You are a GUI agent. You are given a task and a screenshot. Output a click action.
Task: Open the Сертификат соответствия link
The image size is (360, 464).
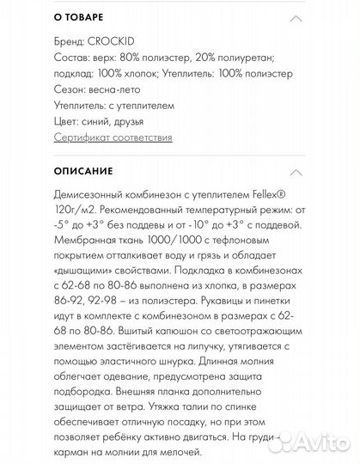tap(113, 137)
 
